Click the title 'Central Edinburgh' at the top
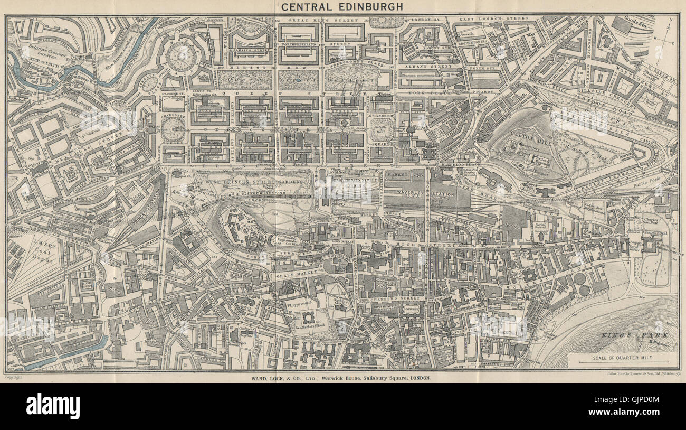[x=342, y=7]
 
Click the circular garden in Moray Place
[x=180, y=57]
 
